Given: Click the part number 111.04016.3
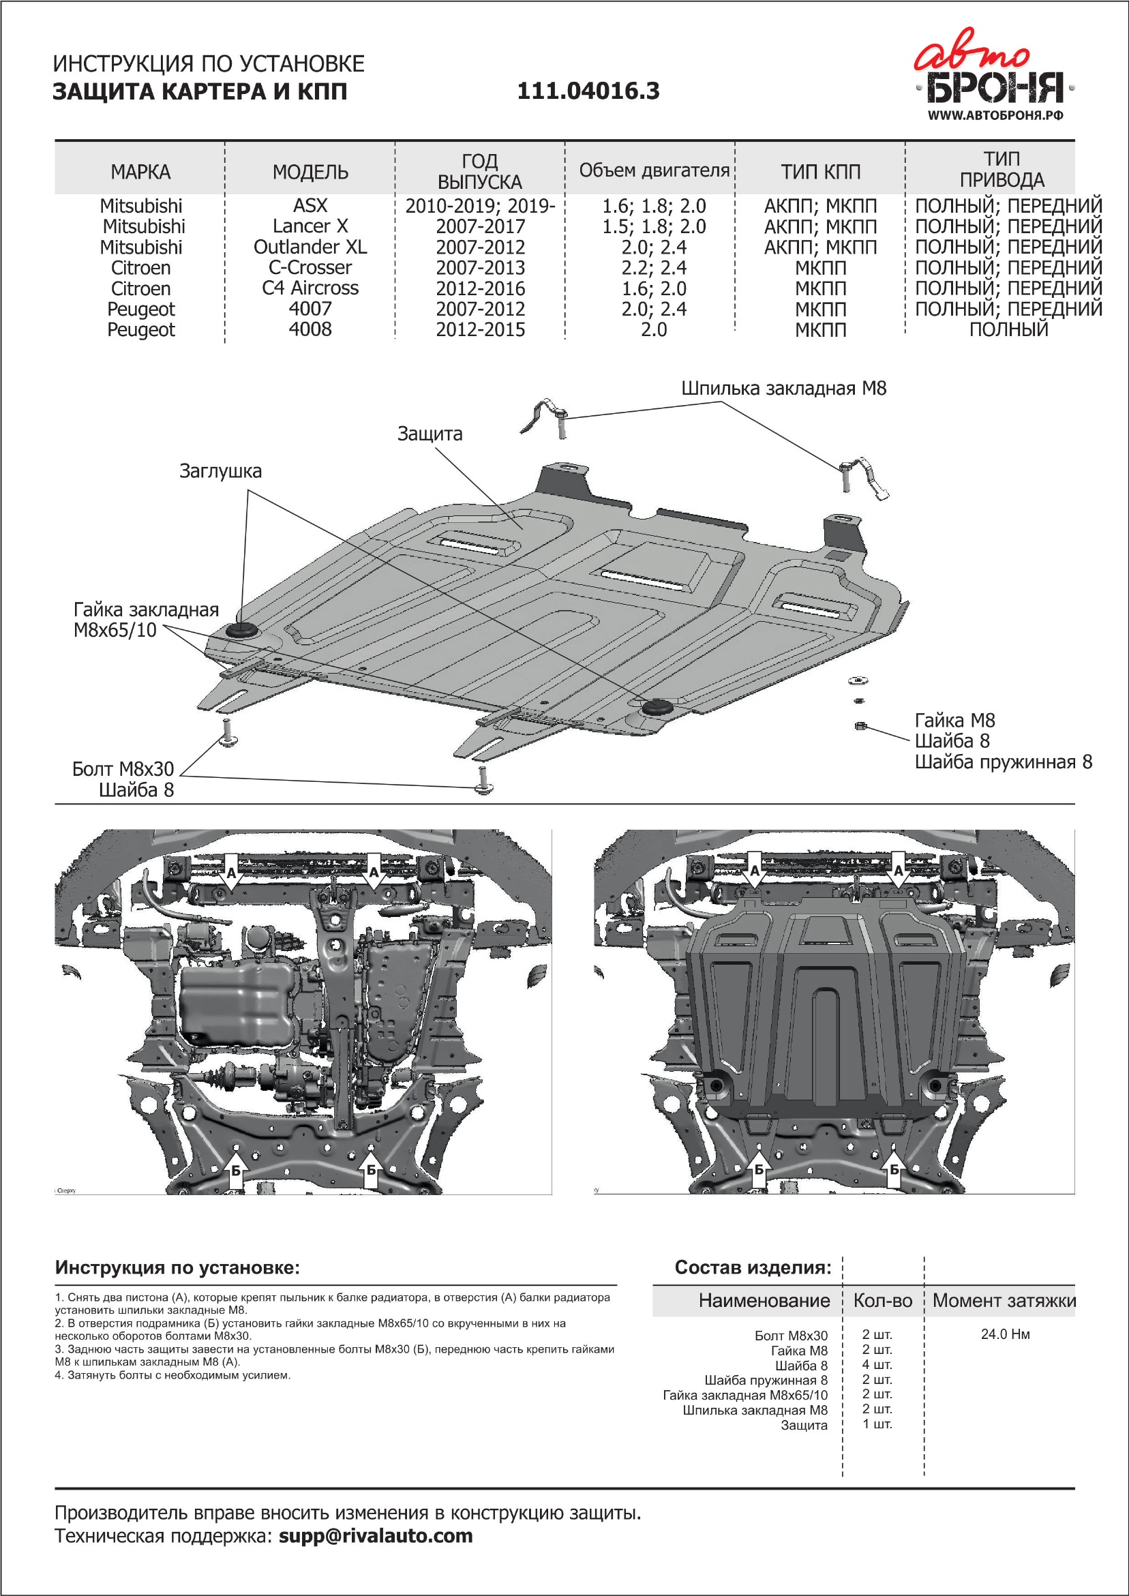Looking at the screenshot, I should pos(588,91).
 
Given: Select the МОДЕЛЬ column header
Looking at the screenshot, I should pos(310,172).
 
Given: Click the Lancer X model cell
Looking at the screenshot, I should pos(310,226).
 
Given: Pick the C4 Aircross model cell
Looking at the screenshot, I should pos(310,288).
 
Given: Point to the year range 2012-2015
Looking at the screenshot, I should pos(481,329).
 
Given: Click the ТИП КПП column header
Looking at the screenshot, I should pos(820,172).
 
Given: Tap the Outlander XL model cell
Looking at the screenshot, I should pos(310,247).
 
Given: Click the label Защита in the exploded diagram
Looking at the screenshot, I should pos(430,434).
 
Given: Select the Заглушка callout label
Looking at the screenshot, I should pos(220,471).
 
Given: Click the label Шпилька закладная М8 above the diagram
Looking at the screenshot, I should pos(783,389).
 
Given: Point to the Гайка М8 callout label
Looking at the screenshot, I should pos(954,720).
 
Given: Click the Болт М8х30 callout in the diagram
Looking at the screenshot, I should pos(123,769).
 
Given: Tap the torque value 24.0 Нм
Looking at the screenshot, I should pos(1005,1334).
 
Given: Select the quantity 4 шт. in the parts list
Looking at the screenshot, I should pos(877,1364).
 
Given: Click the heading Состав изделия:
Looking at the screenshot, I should pos(753,1267).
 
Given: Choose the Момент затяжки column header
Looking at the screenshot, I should pos(1004,1301).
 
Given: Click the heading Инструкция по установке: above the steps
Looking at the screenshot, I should pos(177,1267).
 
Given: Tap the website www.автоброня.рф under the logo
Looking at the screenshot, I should pos(995,115).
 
